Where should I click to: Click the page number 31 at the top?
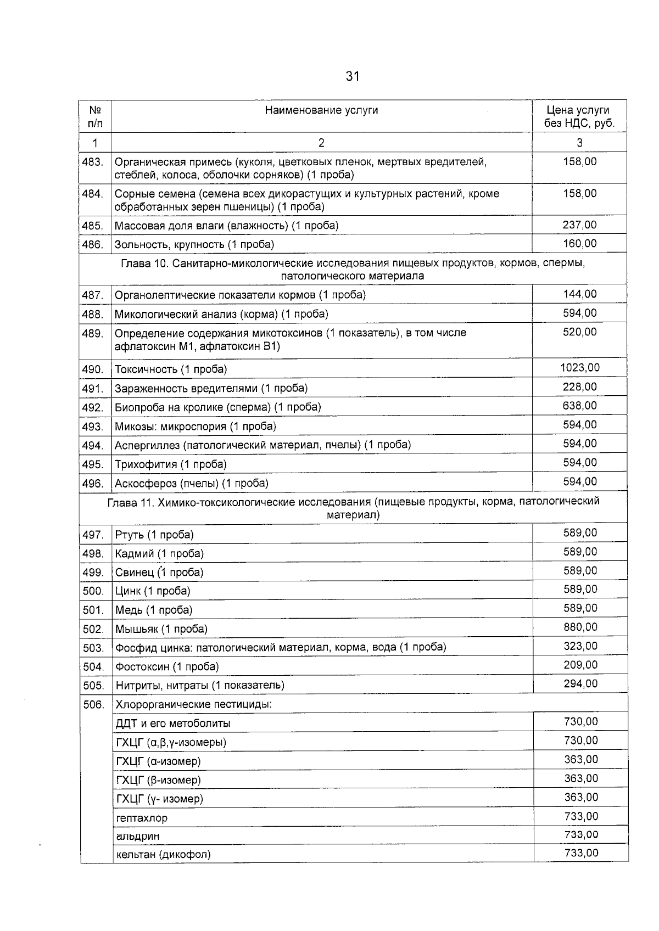[353, 76]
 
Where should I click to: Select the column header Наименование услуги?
[321, 110]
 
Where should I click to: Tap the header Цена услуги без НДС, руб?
[579, 116]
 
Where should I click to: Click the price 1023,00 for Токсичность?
[580, 368]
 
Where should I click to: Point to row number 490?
[93, 369]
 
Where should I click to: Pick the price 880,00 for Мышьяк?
[580, 627]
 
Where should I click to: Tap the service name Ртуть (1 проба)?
[154, 535]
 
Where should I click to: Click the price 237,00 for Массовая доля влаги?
[580, 225]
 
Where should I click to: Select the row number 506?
[93, 704]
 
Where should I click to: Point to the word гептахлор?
[142, 818]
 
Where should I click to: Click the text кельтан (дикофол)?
[163, 854]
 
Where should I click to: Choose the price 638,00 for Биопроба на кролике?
[580, 406]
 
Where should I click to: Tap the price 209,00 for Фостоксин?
[580, 665]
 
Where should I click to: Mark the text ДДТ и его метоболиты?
[173, 723]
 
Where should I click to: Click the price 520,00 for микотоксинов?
[580, 332]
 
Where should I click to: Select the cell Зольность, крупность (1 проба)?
[194, 244]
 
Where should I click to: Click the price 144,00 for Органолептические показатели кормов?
[580, 294]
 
